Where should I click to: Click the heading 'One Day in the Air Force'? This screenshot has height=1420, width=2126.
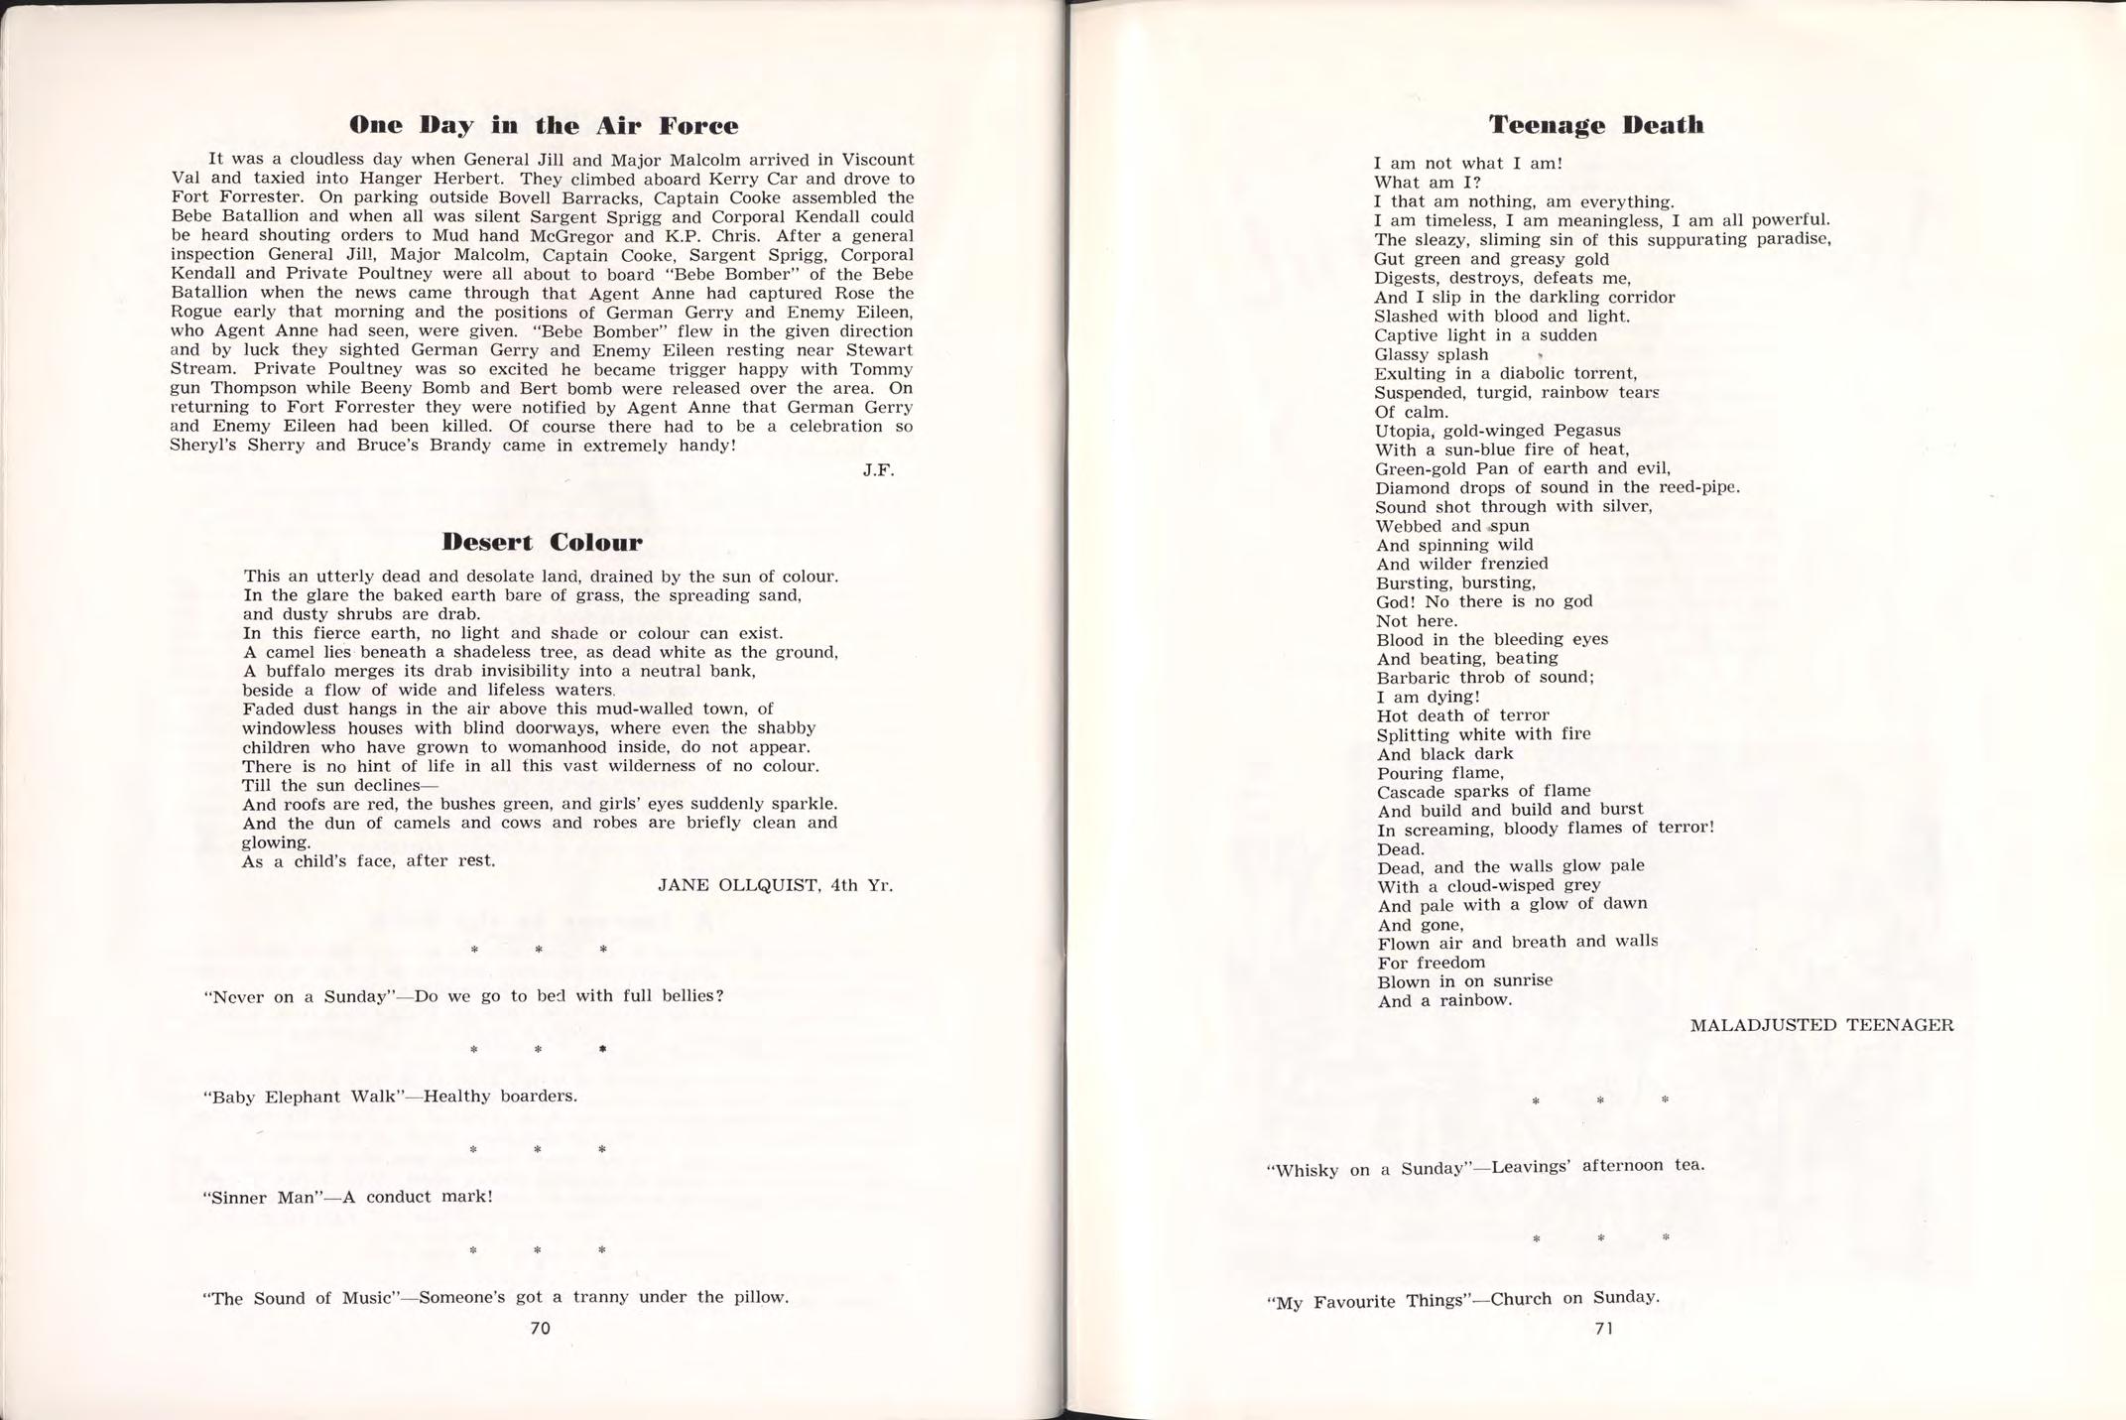point(543,126)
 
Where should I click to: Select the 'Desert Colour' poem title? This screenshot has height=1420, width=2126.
point(542,542)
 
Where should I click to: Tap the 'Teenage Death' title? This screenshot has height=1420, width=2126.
point(1595,125)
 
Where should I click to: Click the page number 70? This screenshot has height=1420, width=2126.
point(541,1328)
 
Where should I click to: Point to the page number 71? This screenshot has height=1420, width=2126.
point(1603,1329)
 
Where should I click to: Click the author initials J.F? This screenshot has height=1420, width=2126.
point(878,470)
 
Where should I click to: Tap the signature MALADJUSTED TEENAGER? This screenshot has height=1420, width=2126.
point(1821,1025)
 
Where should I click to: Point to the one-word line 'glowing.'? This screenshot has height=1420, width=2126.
point(276,841)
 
